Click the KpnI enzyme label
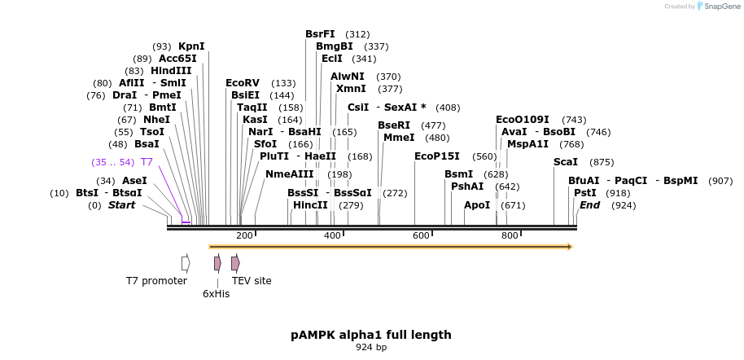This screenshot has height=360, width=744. click(191, 46)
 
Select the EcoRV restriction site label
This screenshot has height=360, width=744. click(242, 83)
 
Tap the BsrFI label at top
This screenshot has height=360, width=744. click(320, 34)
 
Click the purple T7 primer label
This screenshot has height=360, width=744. click(147, 162)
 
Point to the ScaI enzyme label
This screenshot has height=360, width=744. click(565, 162)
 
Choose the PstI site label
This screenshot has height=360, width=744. click(584, 193)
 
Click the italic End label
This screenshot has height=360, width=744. click(589, 205)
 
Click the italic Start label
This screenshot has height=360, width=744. click(121, 205)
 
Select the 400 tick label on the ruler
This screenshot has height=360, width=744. click(333, 236)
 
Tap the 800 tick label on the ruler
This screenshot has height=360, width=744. click(510, 236)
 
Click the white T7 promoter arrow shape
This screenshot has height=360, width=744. click(186, 263)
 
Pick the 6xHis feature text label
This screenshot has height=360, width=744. click(217, 294)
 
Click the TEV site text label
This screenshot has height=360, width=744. click(252, 281)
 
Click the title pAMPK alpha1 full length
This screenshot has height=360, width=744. click(371, 335)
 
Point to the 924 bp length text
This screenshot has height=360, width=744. click(371, 348)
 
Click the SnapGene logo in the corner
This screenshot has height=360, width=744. click(716, 7)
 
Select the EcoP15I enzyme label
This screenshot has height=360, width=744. click(436, 156)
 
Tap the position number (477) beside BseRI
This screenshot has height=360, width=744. click(433, 125)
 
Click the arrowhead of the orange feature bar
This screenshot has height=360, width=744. click(570, 246)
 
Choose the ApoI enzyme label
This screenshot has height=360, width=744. click(477, 205)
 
